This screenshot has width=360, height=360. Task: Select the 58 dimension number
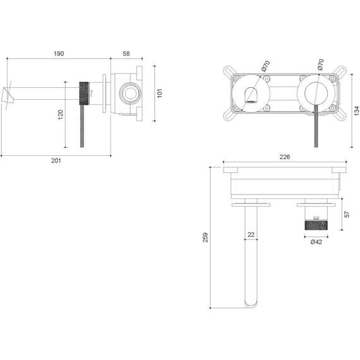click(x=126, y=54)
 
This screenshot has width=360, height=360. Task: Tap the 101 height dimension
click(x=160, y=92)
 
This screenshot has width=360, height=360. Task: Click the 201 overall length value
click(x=56, y=160)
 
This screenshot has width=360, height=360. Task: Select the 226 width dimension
click(x=284, y=158)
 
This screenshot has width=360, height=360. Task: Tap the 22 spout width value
click(x=251, y=235)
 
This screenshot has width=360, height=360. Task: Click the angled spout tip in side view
click(x=9, y=94)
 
